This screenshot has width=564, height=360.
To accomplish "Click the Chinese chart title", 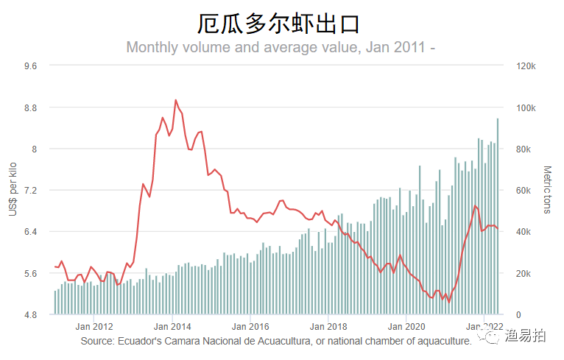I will tap(279, 24).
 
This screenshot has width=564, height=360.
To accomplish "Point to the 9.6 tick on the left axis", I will tap(31, 66).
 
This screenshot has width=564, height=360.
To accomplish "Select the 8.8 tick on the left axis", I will tap(31, 107).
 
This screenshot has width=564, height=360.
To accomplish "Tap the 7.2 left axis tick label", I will tap(31, 191).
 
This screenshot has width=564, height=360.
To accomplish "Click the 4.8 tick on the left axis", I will tap(31, 315).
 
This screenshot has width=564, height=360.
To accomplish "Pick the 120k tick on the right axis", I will tap(526, 66).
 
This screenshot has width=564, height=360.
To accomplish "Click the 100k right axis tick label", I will tap(526, 107).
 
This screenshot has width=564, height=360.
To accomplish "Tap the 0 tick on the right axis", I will tap(517, 315).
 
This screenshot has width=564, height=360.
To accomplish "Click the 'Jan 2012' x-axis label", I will tap(94, 325).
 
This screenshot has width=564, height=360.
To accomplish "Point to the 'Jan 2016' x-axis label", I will tap(250, 325).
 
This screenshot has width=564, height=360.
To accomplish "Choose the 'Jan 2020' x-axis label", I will tap(406, 325).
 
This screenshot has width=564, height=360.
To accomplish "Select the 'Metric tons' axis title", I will tap(547, 190).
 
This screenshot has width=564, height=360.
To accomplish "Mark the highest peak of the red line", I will tap(175, 100).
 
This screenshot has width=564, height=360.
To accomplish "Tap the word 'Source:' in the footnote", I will tap(96, 341).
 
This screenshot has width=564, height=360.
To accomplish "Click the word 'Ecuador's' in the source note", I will tap(141, 341).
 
